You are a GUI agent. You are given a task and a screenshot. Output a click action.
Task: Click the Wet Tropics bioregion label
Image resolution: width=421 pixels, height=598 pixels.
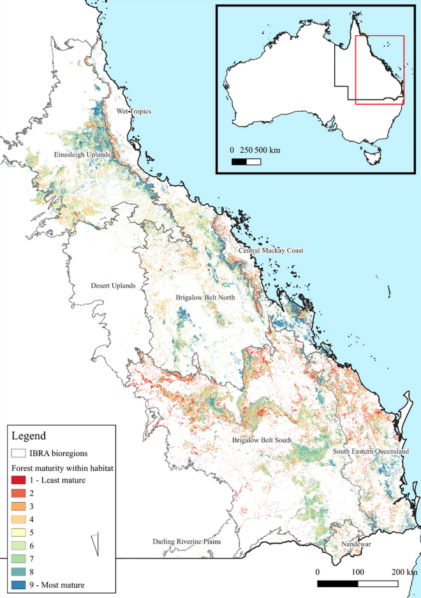coord(133,112)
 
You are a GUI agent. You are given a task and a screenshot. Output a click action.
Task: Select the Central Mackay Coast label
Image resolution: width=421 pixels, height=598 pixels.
coord(271,251)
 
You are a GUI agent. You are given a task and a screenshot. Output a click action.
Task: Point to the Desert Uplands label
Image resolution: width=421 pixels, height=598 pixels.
coord(113,286)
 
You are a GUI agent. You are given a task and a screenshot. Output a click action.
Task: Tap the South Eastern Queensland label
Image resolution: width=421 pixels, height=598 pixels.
coord(371,452)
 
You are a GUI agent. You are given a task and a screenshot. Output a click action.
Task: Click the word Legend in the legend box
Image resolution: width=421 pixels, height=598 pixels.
coord(29,437)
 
